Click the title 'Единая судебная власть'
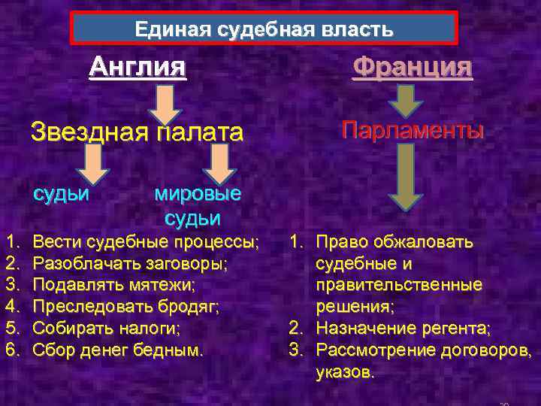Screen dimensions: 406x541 click(x=264, y=30)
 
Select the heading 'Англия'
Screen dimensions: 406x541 click(x=137, y=68)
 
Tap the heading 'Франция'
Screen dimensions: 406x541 click(x=413, y=68)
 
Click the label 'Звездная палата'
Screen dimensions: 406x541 click(x=137, y=133)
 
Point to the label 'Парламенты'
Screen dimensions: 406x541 click(x=413, y=130)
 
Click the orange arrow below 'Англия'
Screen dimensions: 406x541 click(x=165, y=104)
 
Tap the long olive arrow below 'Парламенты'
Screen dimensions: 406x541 click(x=405, y=176)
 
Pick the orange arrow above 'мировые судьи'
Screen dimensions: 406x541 click(x=219, y=163)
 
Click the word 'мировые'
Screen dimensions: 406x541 click(x=198, y=193)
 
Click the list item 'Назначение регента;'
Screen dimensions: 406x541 click(x=403, y=329)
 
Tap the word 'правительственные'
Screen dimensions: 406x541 click(x=398, y=286)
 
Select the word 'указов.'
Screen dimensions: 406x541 click(x=344, y=372)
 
